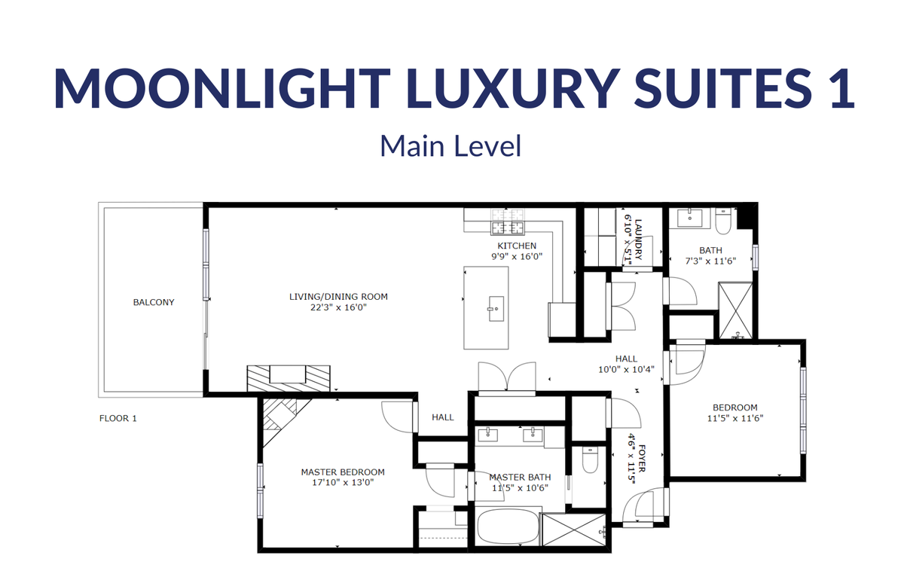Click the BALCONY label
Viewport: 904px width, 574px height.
click(154, 302)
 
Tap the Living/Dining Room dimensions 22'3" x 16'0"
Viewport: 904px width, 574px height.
click(338, 307)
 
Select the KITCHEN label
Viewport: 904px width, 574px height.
click(517, 246)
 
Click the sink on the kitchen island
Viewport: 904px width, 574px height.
click(496, 309)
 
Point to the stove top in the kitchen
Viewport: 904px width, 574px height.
click(508, 221)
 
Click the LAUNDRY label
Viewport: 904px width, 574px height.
click(638, 240)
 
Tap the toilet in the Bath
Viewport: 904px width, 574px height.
click(722, 221)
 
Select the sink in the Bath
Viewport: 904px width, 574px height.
click(689, 218)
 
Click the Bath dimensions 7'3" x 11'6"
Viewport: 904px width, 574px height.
click(710, 261)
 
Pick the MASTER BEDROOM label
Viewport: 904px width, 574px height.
click(343, 472)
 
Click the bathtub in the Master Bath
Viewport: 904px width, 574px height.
click(508, 527)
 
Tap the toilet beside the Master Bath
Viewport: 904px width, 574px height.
click(590, 460)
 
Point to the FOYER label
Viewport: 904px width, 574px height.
click(642, 458)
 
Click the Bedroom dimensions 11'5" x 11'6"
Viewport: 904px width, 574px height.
click(735, 418)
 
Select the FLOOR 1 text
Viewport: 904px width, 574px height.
click(118, 418)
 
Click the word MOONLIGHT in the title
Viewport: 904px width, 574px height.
click(222, 88)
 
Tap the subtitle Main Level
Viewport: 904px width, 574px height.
click(450, 145)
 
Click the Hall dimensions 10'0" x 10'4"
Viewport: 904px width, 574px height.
click(626, 369)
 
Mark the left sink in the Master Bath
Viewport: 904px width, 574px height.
click(487, 435)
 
